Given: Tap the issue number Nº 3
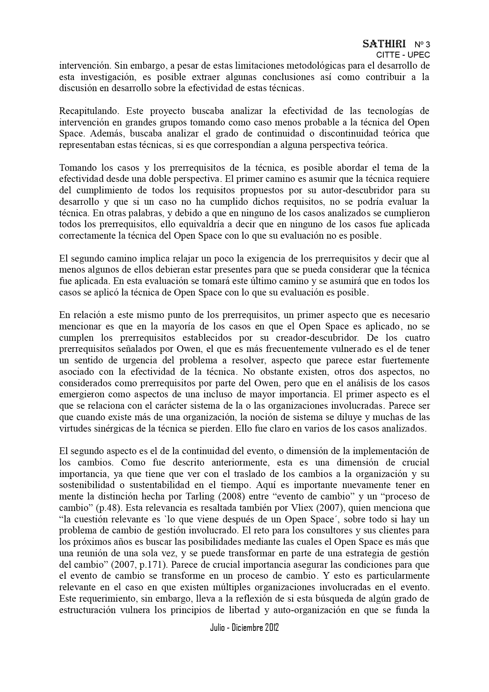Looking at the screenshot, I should coord(422,44).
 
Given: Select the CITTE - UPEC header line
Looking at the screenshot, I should coord(403,55).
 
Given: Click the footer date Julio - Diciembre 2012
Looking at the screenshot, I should coord(244,628).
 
